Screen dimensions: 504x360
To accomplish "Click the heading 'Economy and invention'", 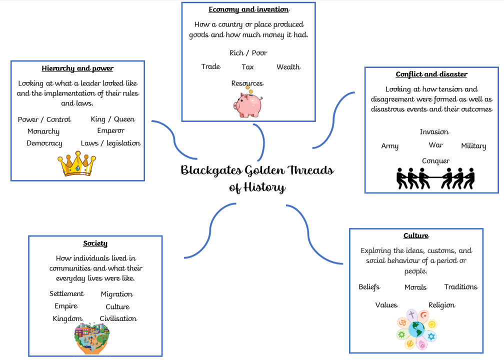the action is click(x=249, y=9).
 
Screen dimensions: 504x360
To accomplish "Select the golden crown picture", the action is click(x=77, y=163).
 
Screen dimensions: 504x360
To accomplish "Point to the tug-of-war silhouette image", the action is click(x=435, y=178).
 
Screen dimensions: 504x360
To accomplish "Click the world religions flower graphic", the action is click(x=416, y=329).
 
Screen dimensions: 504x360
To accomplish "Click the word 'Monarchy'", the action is click(x=43, y=131).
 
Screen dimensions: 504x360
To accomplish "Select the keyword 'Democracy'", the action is click(x=44, y=143).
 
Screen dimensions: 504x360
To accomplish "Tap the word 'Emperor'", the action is click(x=111, y=131).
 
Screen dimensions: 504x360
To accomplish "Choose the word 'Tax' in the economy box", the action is click(x=247, y=67).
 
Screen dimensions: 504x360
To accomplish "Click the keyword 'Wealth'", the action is click(x=288, y=67).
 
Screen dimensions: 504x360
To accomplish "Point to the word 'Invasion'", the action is click(x=434, y=132).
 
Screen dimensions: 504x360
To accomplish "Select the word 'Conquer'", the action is click(x=436, y=161).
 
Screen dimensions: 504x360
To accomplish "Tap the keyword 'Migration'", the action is click(x=116, y=294).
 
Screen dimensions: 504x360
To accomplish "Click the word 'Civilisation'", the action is click(x=118, y=318).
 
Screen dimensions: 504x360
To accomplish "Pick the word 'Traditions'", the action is click(x=461, y=286).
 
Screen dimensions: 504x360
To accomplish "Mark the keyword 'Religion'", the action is click(x=441, y=305).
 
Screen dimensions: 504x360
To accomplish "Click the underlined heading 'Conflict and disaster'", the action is click(x=431, y=74).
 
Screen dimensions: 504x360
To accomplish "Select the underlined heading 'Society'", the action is click(x=95, y=243).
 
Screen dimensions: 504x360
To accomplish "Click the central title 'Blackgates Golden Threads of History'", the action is click(x=257, y=178).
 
